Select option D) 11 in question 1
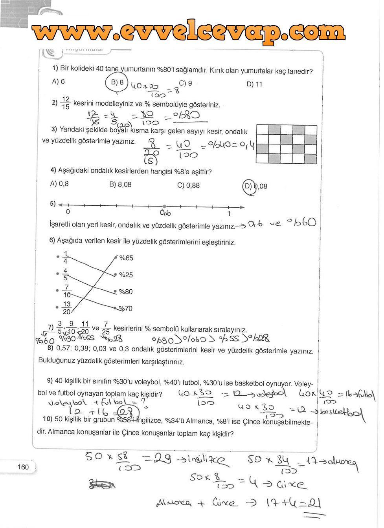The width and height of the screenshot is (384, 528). (x=254, y=84)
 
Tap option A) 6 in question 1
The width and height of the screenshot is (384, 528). (x=58, y=81)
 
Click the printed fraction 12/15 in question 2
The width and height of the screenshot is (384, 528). (x=66, y=103)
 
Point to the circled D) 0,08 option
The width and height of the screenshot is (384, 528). (x=256, y=186)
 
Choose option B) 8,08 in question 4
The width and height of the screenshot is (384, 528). (x=120, y=184)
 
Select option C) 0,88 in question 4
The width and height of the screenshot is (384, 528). (x=188, y=185)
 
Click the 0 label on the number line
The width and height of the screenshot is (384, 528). (x=68, y=212)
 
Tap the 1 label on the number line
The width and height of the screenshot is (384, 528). (x=229, y=214)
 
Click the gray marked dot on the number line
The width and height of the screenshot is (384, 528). (x=164, y=206)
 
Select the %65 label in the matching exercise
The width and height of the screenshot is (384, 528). (x=126, y=258)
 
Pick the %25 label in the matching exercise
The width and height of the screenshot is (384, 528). (x=126, y=275)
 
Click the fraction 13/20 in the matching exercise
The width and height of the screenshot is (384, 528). (x=66, y=308)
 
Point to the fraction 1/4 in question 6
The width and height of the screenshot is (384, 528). (x=66, y=258)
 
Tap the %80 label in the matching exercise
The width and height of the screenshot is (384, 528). (x=126, y=292)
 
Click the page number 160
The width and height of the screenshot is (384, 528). (x=24, y=467)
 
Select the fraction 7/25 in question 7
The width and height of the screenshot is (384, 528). (x=106, y=328)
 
